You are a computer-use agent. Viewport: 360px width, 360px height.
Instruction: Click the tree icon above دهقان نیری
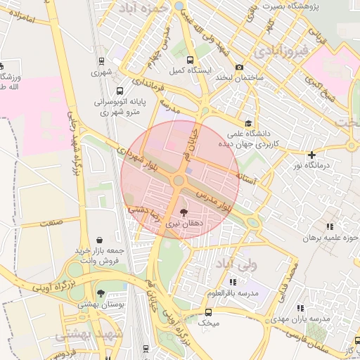184,211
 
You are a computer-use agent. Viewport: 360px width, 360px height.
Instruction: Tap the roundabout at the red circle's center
179,181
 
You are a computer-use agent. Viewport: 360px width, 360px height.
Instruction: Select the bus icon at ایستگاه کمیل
191,60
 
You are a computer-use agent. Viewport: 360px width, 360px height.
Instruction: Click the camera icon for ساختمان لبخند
240,67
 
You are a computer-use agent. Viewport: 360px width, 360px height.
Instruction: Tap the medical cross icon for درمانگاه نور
312,155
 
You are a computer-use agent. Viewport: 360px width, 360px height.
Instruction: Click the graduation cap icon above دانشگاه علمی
247,123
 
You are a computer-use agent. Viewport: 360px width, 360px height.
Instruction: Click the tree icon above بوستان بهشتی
101,293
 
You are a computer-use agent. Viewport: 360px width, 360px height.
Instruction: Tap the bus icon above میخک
208,312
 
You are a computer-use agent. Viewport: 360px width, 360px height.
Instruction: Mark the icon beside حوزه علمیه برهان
329,226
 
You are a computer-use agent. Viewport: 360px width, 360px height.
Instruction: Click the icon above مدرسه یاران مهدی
301,308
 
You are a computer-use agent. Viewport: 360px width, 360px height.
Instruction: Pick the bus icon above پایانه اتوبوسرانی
120,91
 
